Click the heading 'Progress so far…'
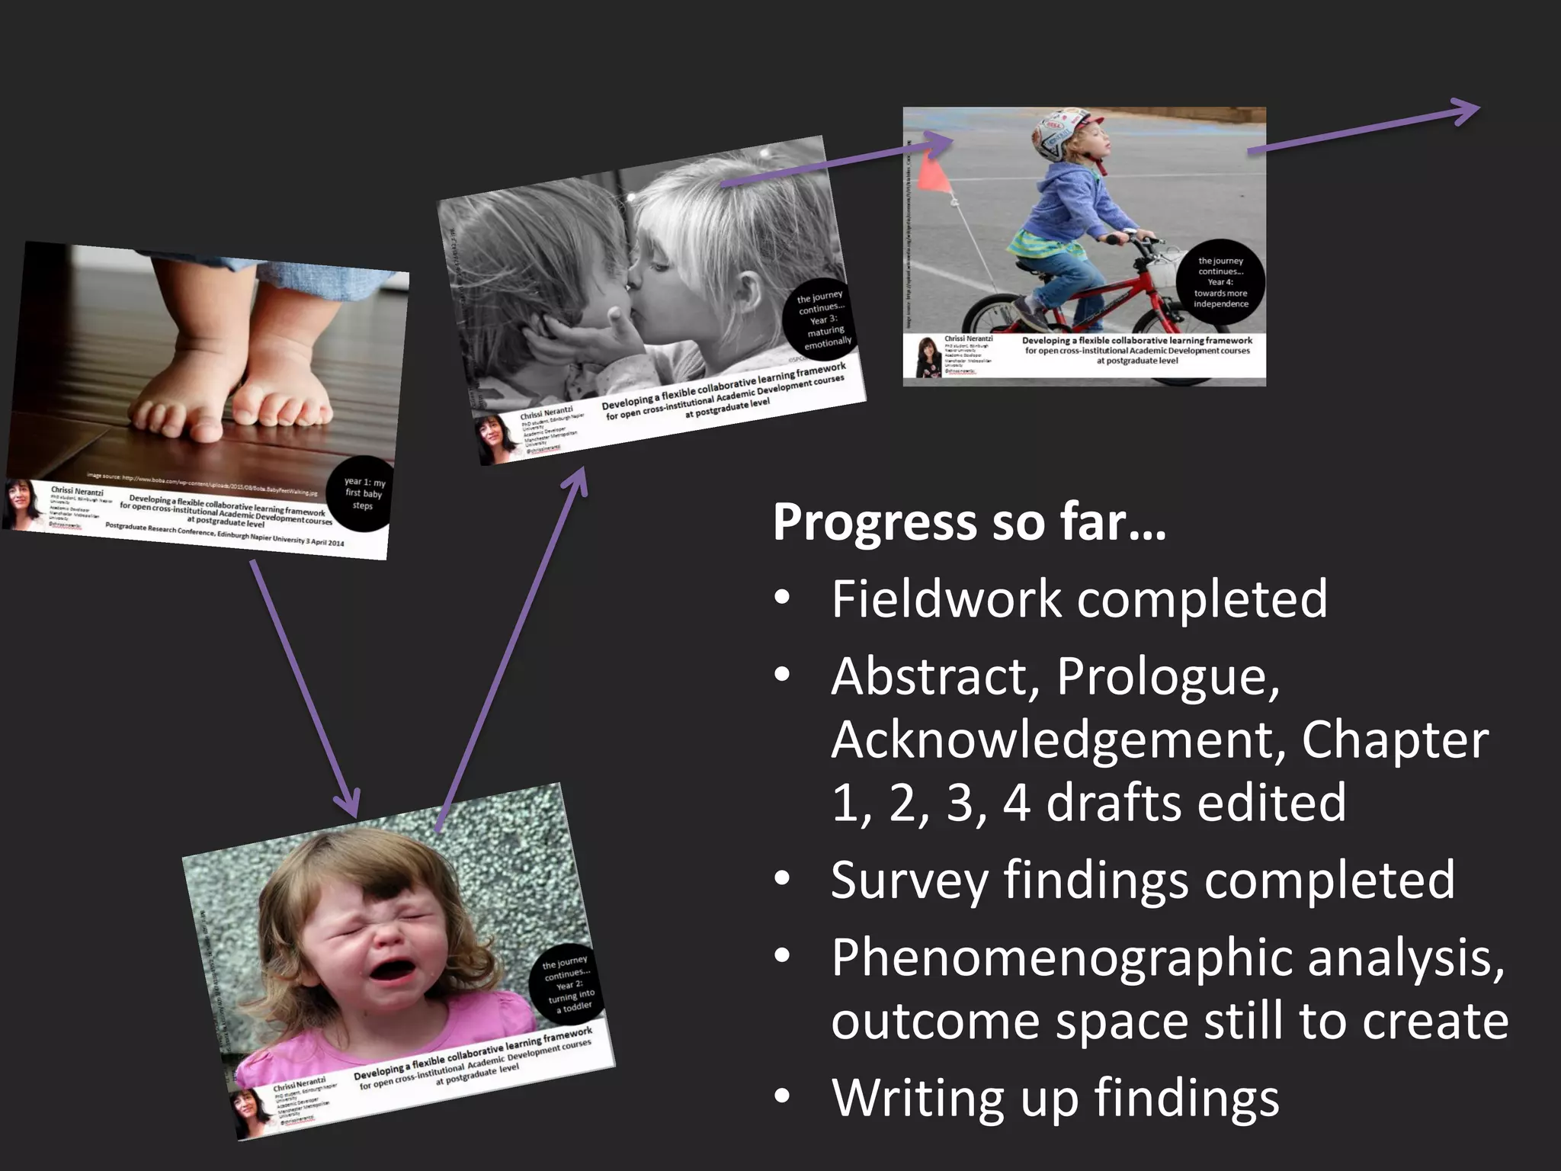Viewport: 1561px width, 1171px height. tap(969, 523)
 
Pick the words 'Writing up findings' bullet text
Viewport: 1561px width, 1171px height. tap(1055, 1099)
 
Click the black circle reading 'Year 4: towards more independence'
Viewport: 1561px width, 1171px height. tap(1220, 283)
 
